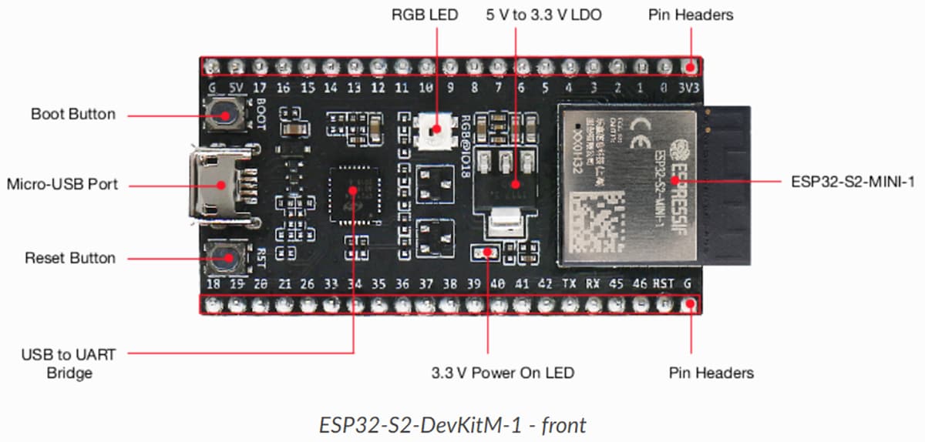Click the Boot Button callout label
click(73, 114)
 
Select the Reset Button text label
click(70, 258)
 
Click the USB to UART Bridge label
click(68, 363)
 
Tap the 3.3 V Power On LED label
click(503, 373)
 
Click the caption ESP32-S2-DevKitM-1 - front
click(453, 424)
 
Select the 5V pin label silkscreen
click(237, 89)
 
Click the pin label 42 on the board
click(545, 284)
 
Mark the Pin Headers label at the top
click(691, 15)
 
